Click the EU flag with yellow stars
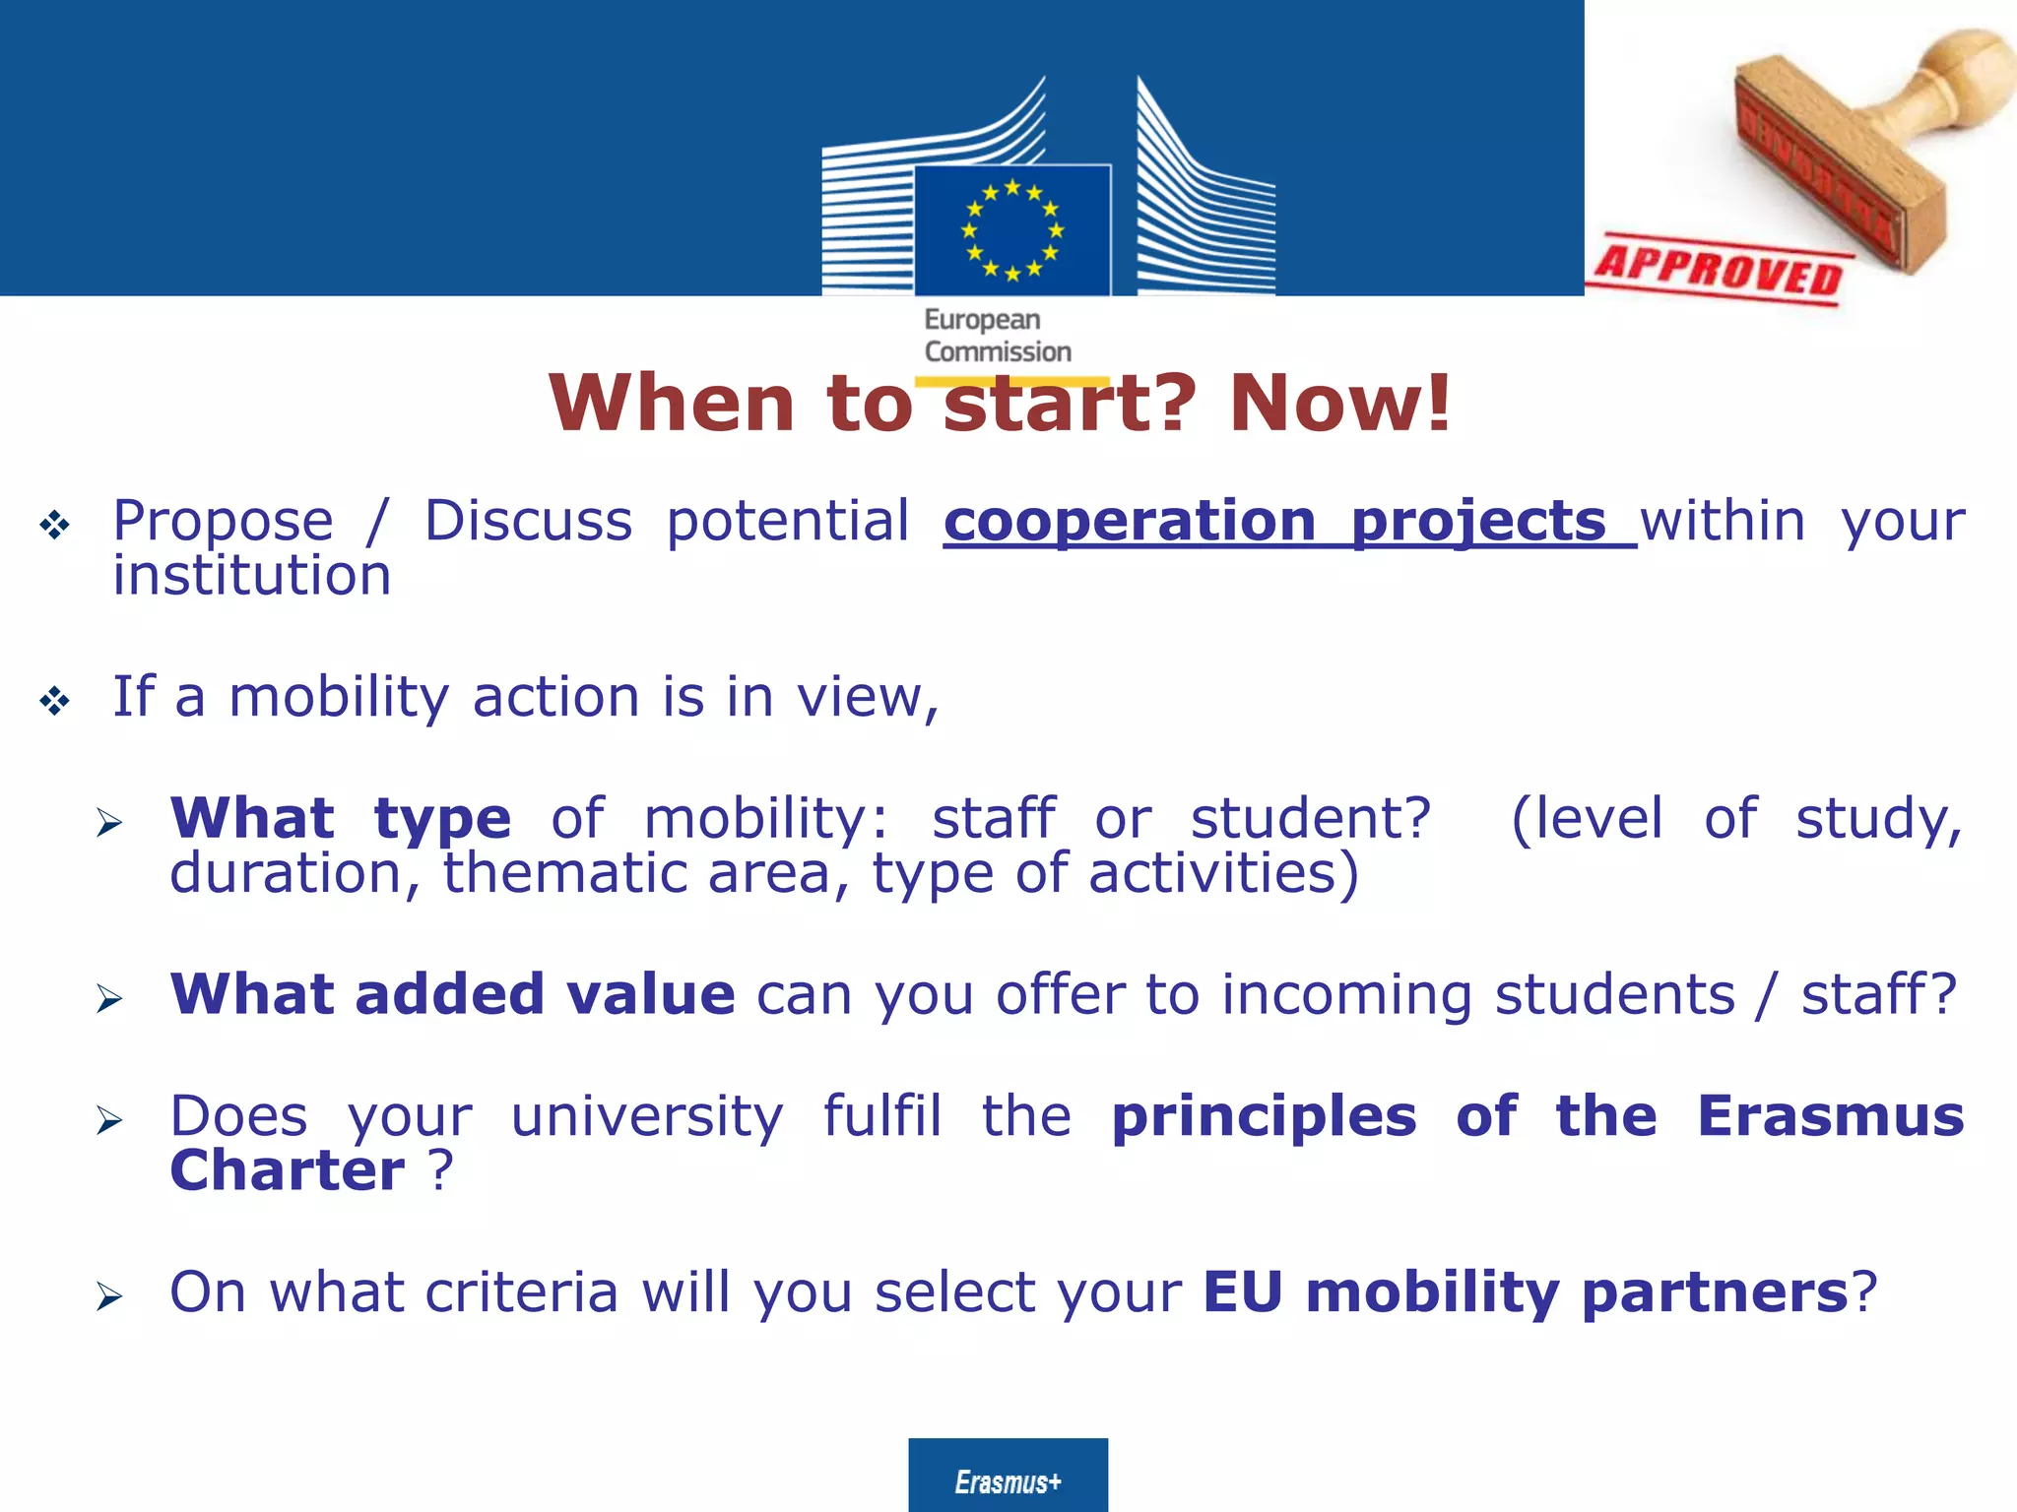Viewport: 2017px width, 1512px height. pos(1012,230)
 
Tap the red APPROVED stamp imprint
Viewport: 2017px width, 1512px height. pos(1720,268)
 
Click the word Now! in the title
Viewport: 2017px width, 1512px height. pos(1340,404)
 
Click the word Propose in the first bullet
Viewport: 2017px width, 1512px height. pos(223,522)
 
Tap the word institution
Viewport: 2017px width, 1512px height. pos(252,576)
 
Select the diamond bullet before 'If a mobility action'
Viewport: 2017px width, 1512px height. pos(54,701)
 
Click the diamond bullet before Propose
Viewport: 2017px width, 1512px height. pos(54,525)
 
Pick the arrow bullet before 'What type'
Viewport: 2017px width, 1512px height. pos(109,822)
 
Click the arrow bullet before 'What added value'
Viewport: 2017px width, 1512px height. pos(109,998)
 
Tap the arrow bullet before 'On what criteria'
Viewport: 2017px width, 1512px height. pos(109,1296)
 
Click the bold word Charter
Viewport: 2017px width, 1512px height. pos(287,1171)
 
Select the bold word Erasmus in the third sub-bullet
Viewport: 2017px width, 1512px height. pos(1830,1116)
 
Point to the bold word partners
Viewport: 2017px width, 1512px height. pos(1714,1292)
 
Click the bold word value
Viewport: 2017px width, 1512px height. pos(650,994)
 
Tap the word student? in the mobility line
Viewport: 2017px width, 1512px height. pos(1310,819)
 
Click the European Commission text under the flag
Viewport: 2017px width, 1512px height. pos(997,336)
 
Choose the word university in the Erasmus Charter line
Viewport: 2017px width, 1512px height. pos(647,1116)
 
